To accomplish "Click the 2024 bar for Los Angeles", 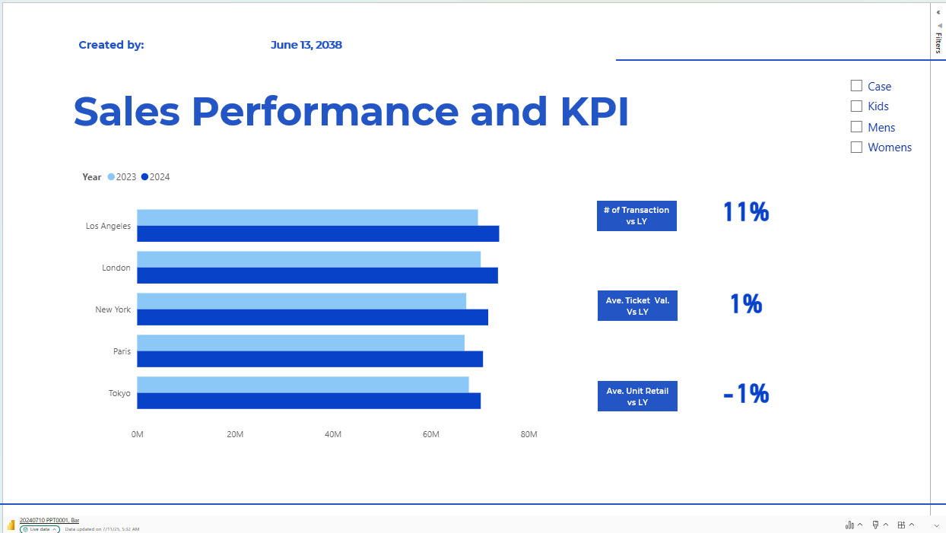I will [318, 234].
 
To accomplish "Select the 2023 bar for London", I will [309, 259].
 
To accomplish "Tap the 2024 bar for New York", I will [313, 318].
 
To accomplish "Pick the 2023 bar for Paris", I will [300, 343].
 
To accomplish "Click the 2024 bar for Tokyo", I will [309, 401].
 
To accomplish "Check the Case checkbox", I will [856, 86].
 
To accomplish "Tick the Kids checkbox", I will [856, 106].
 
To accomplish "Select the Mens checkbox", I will [856, 127].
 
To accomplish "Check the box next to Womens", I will [856, 148].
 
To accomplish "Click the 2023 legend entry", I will [122, 177].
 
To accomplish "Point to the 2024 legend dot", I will [144, 177].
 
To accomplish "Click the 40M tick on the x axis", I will [333, 434].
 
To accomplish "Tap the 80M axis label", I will [529, 434].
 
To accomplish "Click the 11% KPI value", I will [746, 212].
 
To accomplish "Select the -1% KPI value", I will [746, 394].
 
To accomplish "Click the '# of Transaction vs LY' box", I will [636, 216].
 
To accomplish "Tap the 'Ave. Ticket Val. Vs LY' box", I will [637, 306].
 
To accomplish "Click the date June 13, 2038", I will [306, 45].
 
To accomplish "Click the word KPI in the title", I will [595, 111].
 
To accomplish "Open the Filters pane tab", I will [938, 42].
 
